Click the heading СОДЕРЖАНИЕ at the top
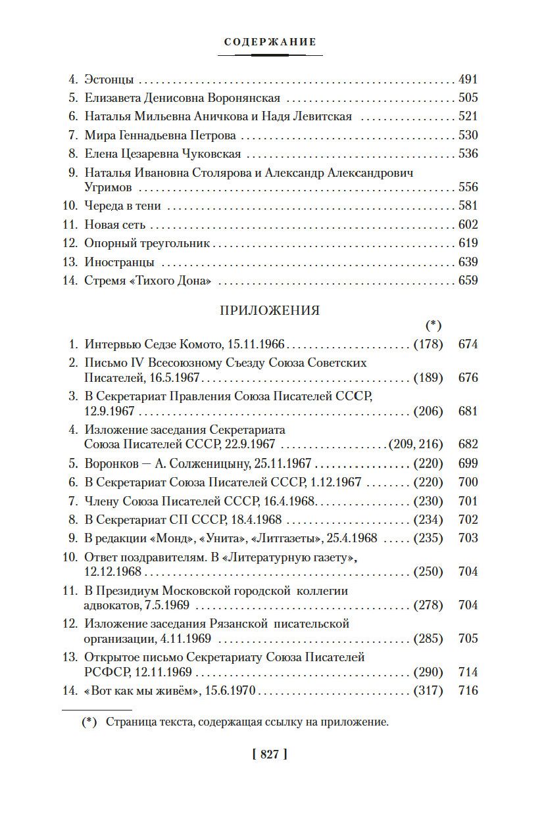[x=270, y=42]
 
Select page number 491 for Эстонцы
[x=468, y=80]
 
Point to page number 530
[x=468, y=135]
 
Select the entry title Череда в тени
[x=122, y=206]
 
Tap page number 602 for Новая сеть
[x=468, y=225]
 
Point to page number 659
[x=468, y=281]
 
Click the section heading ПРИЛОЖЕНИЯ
[x=270, y=311]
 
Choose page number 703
[x=468, y=538]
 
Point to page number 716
[x=468, y=691]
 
